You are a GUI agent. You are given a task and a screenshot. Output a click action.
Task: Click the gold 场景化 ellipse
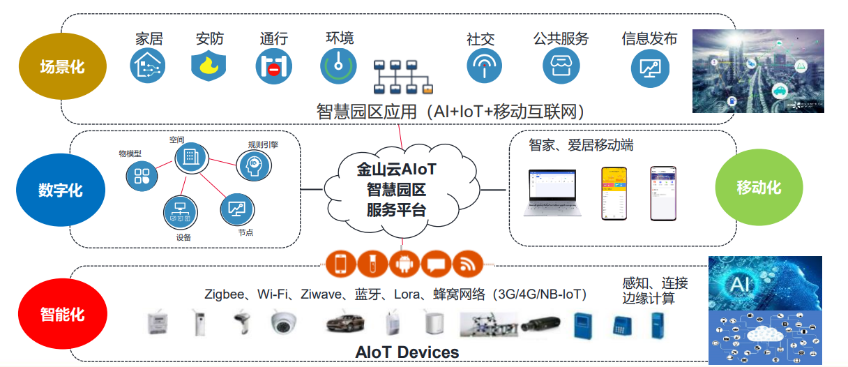click(61, 67)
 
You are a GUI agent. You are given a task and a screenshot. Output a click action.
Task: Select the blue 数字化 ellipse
click(60, 190)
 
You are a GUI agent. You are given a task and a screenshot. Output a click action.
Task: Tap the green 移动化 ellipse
click(759, 187)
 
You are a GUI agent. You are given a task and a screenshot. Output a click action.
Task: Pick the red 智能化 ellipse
click(61, 314)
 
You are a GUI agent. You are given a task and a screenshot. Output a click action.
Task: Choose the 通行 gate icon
click(273, 67)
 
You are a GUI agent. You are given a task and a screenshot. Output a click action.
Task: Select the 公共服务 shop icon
click(561, 66)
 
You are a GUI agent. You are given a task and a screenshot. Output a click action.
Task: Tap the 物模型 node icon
click(142, 175)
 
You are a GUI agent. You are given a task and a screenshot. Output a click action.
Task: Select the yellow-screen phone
click(612, 193)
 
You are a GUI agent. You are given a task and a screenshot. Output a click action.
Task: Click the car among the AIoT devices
click(345, 322)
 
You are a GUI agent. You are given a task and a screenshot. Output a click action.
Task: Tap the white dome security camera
click(285, 322)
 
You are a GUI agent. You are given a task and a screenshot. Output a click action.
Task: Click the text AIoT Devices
click(407, 352)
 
